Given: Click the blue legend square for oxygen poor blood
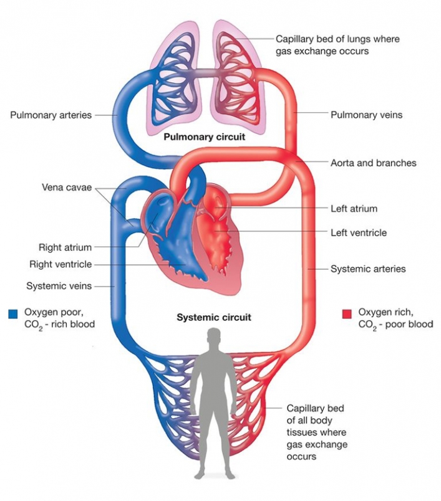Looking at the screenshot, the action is click(13, 314).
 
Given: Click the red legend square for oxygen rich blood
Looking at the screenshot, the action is click(347, 314).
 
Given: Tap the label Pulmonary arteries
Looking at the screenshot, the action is click(51, 115).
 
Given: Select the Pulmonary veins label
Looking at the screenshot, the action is click(367, 115).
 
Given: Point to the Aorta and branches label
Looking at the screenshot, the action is click(373, 163).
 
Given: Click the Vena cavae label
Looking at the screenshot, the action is click(67, 187).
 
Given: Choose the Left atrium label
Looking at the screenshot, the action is click(354, 209).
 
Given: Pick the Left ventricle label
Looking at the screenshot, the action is click(359, 232).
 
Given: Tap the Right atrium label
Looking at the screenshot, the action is click(65, 247).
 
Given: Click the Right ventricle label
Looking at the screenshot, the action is click(61, 264).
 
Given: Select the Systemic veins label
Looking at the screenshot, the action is click(59, 286).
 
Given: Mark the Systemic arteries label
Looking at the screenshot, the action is click(368, 269).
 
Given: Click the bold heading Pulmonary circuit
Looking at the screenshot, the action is click(205, 136).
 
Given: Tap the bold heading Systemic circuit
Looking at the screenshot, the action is click(214, 317).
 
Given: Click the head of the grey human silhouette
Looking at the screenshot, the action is click(215, 336).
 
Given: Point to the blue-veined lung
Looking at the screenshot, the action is click(174, 79).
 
